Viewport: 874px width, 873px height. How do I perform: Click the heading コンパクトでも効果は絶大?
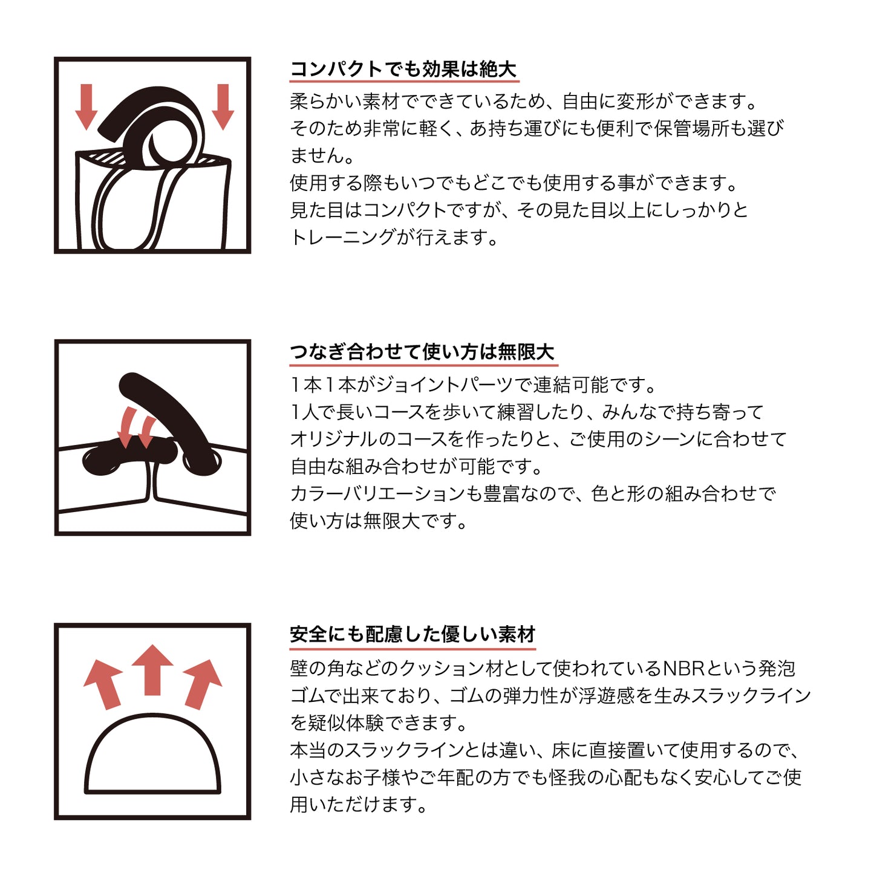pos(403,70)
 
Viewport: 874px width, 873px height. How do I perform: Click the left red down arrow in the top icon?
pos(86,107)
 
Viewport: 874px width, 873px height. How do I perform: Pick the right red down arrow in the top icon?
pos(223,107)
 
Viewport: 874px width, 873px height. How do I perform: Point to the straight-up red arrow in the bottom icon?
pos(153,669)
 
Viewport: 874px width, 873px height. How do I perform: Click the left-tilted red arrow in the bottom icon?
pos(104,683)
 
